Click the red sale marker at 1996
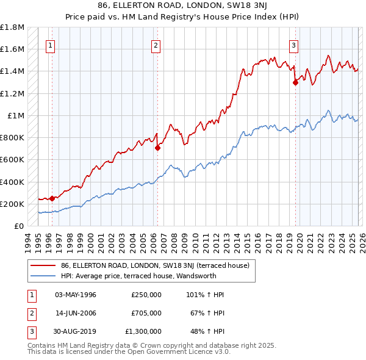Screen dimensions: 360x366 [52, 198]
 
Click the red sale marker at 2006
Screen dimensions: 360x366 [157, 147]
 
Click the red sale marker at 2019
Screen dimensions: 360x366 [295, 82]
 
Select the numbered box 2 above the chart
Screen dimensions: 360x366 [156, 45]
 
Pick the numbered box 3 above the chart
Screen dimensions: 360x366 [293, 45]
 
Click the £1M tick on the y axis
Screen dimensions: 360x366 [16, 115]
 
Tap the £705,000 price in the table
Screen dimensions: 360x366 [146, 313]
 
